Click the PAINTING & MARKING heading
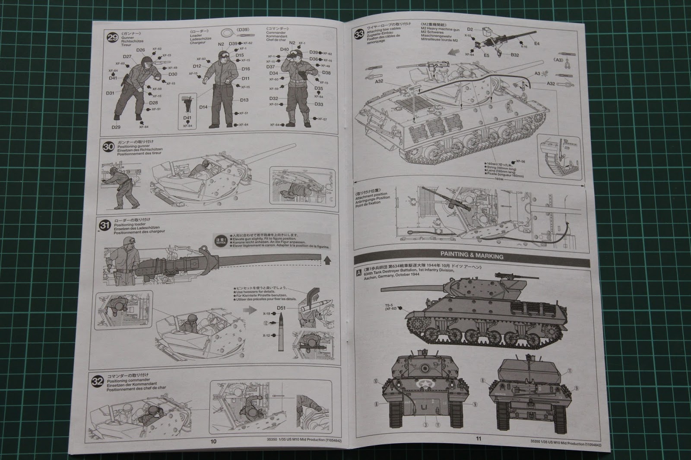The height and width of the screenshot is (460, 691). (x=472, y=256)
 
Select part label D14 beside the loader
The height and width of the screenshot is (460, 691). (x=204, y=107)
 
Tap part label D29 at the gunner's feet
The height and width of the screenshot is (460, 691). (x=116, y=127)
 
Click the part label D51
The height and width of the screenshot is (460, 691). (x=281, y=308)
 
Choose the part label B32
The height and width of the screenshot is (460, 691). (x=514, y=55)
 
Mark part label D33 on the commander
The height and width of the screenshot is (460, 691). (x=319, y=104)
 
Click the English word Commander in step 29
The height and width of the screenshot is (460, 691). (x=276, y=33)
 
